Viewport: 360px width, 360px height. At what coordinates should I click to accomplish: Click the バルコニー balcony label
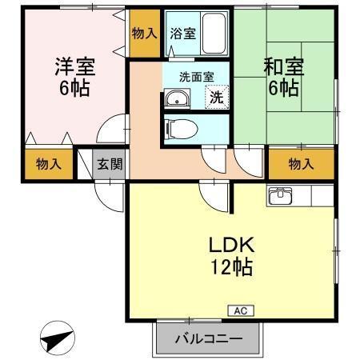coord(209,339)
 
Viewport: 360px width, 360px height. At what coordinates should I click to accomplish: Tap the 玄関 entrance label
coord(110,165)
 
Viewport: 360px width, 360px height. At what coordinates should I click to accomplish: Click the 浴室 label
coord(182,34)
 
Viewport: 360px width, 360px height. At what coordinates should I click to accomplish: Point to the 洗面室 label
coord(196,78)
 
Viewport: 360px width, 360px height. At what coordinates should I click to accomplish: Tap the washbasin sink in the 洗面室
coord(176,99)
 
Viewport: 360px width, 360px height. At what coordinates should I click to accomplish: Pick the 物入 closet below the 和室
coord(300,165)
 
